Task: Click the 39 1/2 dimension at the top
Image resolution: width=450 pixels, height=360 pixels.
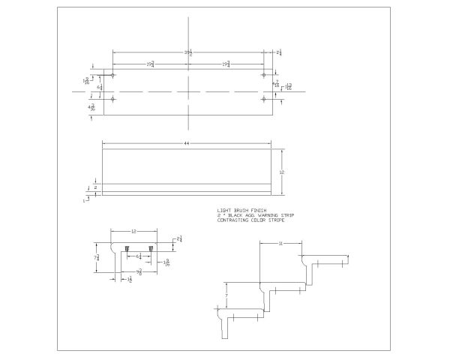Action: (187, 52)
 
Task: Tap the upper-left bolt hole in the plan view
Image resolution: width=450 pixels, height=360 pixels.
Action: (112, 76)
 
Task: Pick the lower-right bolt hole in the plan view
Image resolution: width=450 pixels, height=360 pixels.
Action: (264, 99)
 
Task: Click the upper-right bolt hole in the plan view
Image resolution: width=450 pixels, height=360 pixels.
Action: (264, 76)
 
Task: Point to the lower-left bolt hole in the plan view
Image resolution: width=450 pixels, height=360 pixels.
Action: (112, 99)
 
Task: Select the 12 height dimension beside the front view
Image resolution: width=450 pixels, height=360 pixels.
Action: (283, 172)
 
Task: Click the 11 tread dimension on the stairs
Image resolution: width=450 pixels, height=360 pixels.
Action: (280, 244)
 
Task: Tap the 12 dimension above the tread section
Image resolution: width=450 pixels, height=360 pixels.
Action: (133, 232)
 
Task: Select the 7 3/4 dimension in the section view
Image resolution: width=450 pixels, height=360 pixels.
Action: (98, 257)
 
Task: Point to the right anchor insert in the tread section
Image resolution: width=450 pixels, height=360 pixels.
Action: (151, 248)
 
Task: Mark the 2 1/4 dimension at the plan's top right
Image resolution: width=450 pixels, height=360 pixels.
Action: (279, 52)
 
